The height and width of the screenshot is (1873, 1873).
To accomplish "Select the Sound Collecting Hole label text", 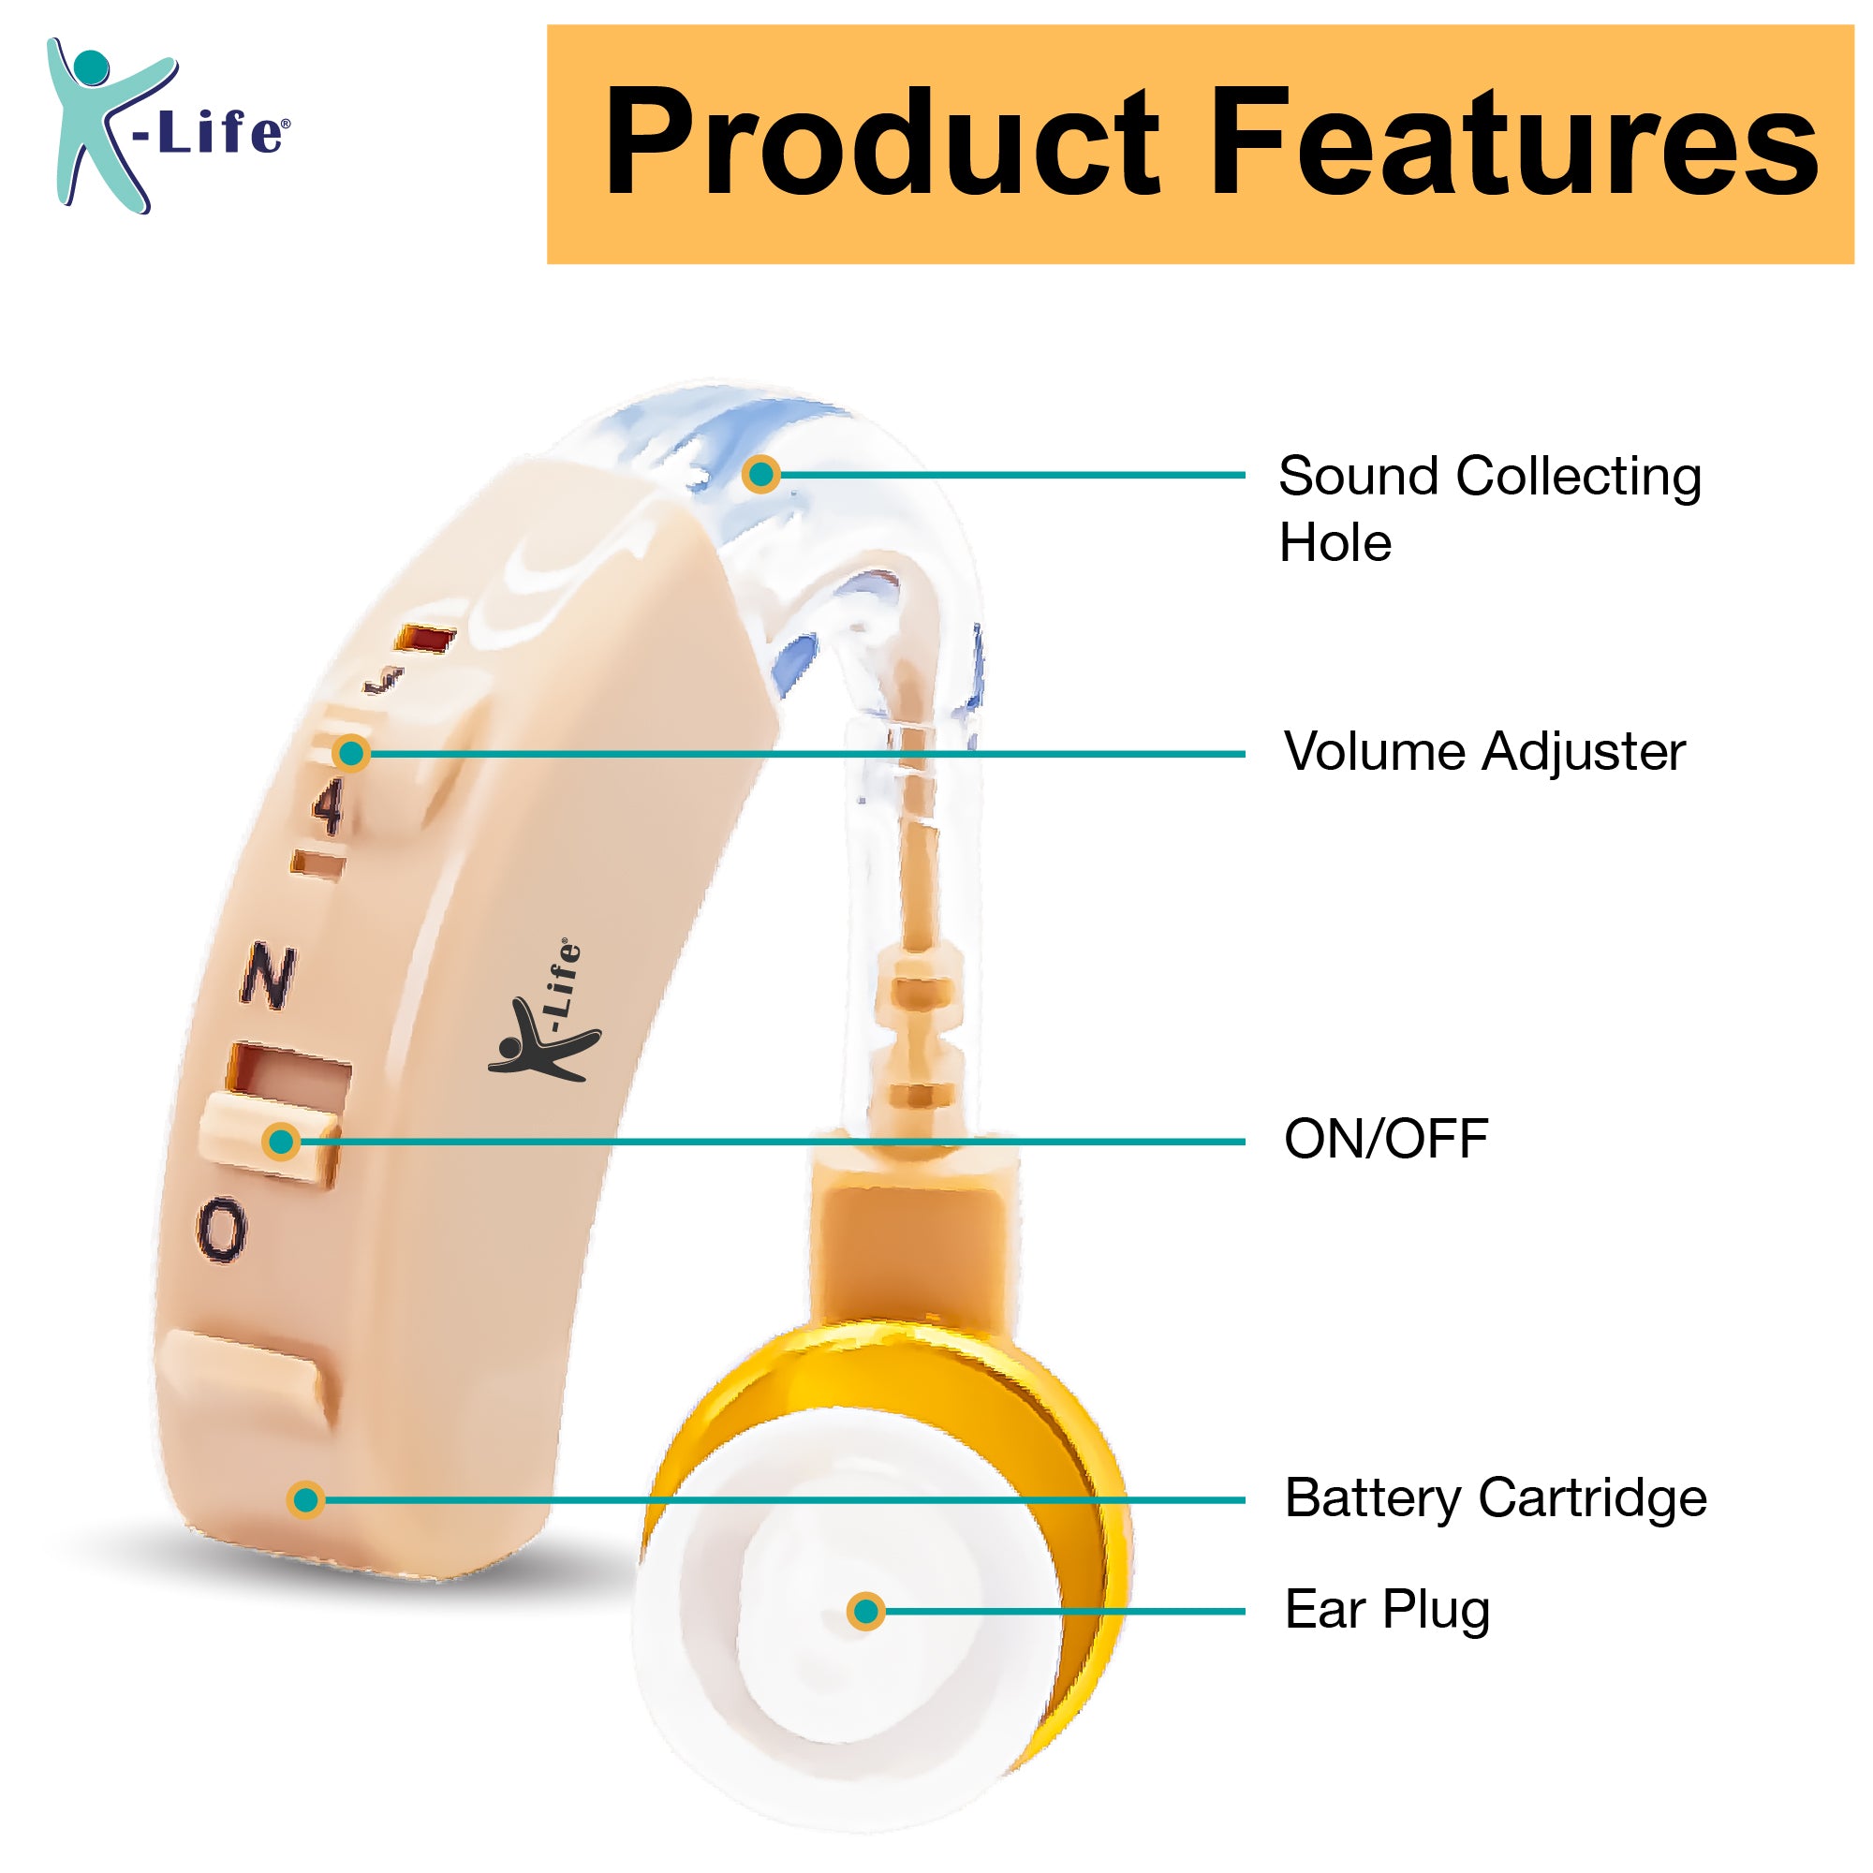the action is pos(1490,508).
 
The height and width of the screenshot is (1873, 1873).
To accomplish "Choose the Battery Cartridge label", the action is pos(1496,1498).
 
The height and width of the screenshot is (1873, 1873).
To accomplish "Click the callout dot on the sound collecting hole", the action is pos(762,474).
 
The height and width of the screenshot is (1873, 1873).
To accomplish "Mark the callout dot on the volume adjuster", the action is pos(351,753).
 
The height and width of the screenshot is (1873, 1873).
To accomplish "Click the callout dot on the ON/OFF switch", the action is pos(281,1142).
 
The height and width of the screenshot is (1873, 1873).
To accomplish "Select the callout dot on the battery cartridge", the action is pos(306,1499).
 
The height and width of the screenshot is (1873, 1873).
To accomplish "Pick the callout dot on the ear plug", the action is pos(865,1611).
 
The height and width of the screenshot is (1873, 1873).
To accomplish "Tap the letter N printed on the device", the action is pos(268,975).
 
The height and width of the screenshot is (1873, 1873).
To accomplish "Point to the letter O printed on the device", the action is pos(222,1231).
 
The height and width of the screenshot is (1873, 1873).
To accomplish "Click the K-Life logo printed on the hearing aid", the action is pos(543,1012).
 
